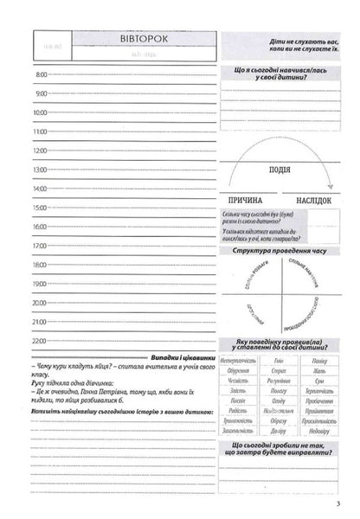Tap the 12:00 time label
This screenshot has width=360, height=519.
coord(41,151)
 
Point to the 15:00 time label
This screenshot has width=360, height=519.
coord(41,208)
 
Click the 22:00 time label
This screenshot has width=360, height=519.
coord(41,340)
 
